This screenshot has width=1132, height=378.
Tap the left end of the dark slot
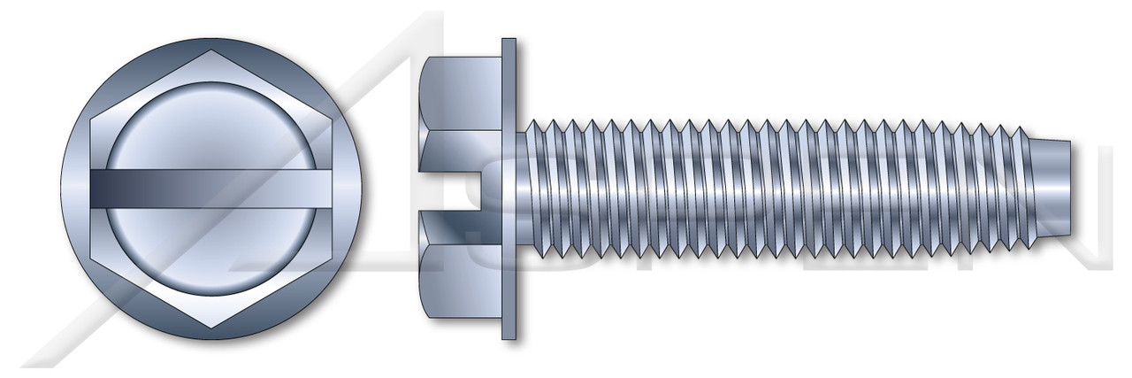[92, 189]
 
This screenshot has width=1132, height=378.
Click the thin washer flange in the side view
[509, 189]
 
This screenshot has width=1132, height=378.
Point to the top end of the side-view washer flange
[509, 42]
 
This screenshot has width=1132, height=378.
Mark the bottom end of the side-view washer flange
[509, 336]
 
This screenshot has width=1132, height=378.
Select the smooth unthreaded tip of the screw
[1044, 189]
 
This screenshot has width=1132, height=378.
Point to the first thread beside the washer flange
[534, 189]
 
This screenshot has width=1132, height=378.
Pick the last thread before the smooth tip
[1008, 189]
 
